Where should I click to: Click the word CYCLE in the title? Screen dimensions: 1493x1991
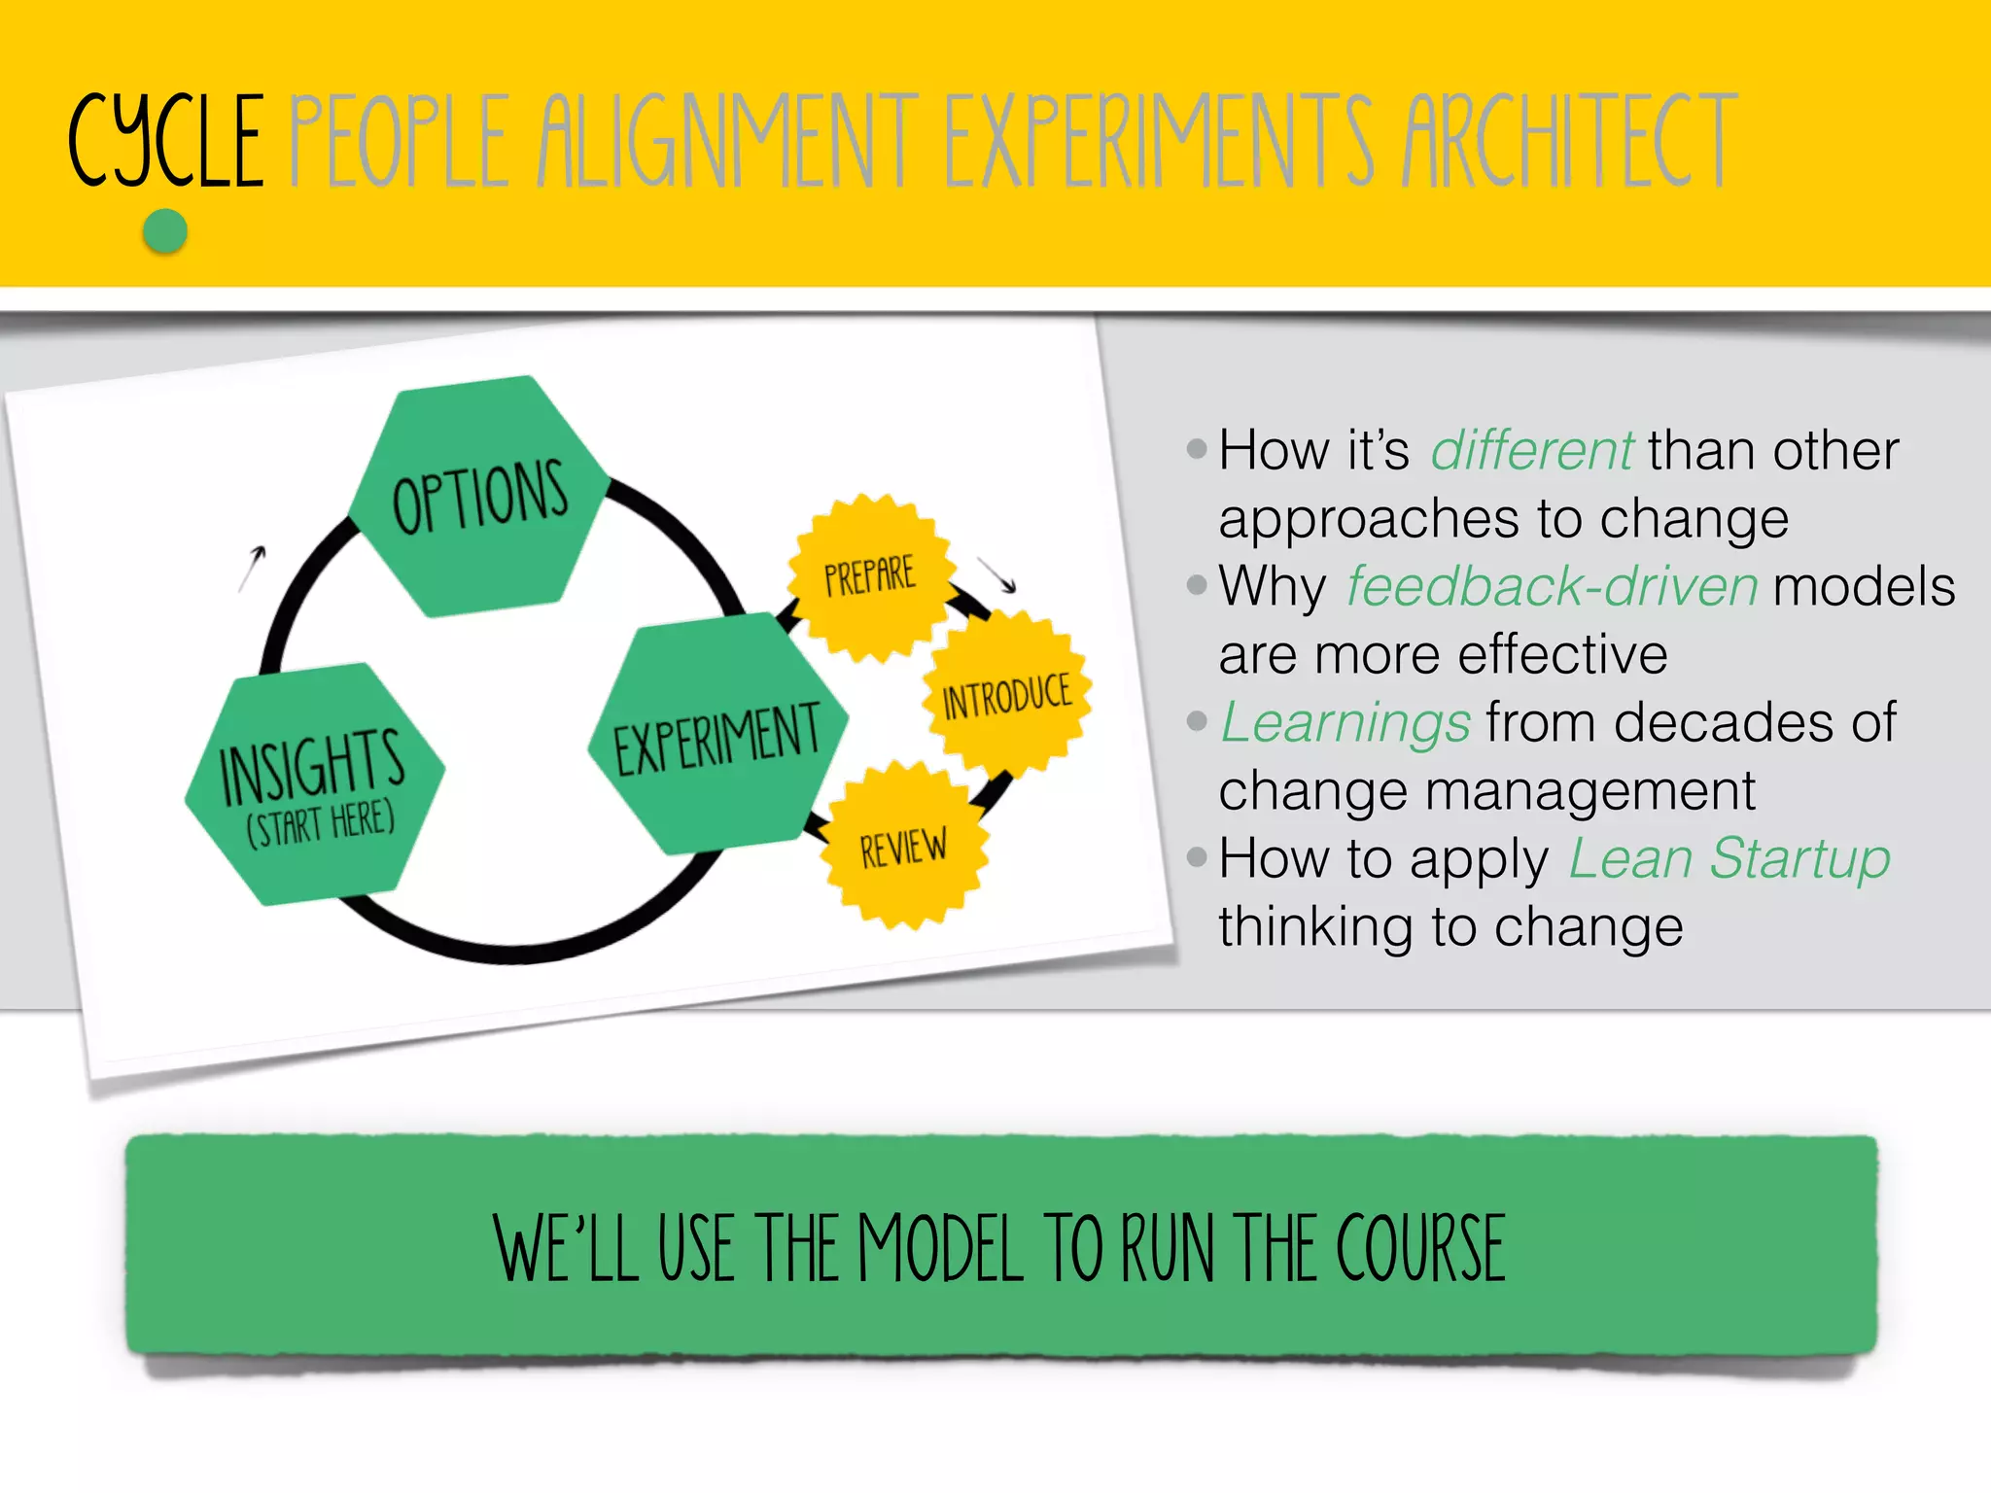[166, 141]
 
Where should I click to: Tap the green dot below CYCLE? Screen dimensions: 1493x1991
[165, 232]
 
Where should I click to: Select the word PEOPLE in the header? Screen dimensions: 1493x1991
[400, 141]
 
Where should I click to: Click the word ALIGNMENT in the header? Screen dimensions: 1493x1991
[728, 141]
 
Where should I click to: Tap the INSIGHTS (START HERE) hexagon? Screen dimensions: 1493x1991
[314, 783]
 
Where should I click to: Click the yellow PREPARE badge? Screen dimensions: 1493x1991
[870, 576]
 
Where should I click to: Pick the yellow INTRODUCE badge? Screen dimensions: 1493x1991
[1007, 696]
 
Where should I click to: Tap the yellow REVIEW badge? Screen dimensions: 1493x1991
[904, 847]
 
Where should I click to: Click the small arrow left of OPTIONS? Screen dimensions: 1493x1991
[253, 568]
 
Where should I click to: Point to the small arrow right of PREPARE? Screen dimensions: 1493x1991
[997, 574]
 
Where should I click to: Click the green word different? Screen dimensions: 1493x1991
[1531, 451]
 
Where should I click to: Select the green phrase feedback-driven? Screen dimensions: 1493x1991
[1552, 587]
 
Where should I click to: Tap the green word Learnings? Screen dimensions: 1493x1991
[1345, 723]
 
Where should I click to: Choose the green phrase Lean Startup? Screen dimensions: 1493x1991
[1729, 859]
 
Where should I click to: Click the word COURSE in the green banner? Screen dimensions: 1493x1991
[1420, 1249]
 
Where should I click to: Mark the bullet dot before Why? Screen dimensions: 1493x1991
[1197, 585]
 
